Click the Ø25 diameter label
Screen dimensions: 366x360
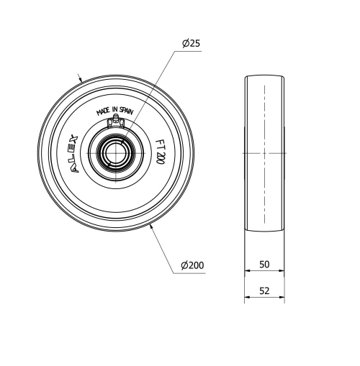191,44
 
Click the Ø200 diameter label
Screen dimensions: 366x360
192,265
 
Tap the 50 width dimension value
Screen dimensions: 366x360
264,265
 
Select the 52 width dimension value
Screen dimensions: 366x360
264,291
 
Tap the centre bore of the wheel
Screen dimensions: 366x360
115,153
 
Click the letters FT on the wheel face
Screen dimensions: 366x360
160,143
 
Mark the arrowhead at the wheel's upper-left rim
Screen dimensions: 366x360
82,78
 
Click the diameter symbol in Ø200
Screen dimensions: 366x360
184,265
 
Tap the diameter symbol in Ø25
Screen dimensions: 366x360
186,44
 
